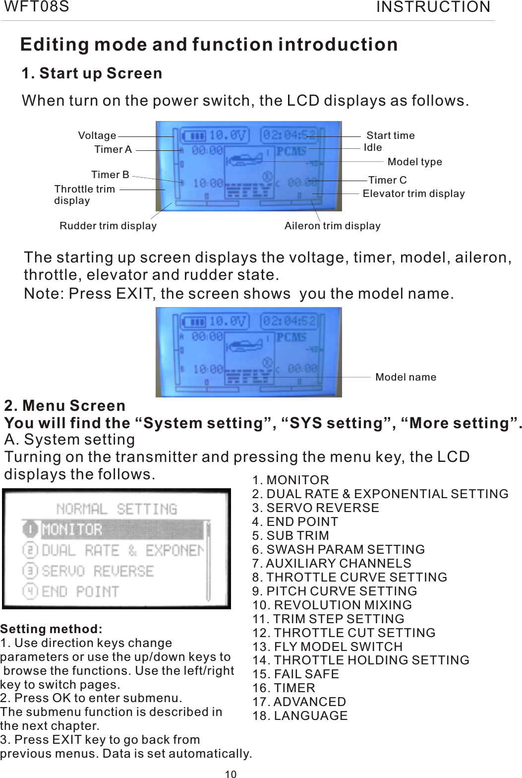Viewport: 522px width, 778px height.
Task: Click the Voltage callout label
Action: pyautogui.click(x=97, y=135)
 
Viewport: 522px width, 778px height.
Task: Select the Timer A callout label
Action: pyautogui.click(x=113, y=149)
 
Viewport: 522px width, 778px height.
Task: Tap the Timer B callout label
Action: pyautogui.click(x=110, y=175)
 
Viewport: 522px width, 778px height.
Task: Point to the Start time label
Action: pyautogui.click(x=391, y=135)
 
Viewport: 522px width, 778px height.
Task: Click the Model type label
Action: pyautogui.click(x=415, y=162)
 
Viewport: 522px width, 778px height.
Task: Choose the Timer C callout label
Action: pyautogui.click(x=388, y=180)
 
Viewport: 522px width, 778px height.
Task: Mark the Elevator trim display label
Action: pyautogui.click(x=414, y=194)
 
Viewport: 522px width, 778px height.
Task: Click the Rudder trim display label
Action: pyautogui.click(x=108, y=226)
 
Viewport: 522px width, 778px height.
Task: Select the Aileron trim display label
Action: pyautogui.click(x=333, y=226)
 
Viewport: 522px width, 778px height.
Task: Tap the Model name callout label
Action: pyautogui.click(x=406, y=377)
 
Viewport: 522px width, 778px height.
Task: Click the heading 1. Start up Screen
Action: pyautogui.click(x=92, y=73)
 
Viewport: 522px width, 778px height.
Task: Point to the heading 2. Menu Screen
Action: pyautogui.click(x=65, y=406)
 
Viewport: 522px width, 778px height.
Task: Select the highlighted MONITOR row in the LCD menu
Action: pyautogui.click(x=114, y=529)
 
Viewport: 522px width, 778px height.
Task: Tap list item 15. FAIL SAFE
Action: pyautogui.click(x=296, y=674)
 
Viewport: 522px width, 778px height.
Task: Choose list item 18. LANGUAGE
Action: pyautogui.click(x=300, y=716)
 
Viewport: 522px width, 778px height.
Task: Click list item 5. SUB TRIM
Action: pyautogui.click(x=290, y=536)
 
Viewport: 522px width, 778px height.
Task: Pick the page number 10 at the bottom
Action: pyautogui.click(x=231, y=774)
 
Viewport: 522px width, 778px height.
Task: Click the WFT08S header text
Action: pyautogui.click(x=37, y=7)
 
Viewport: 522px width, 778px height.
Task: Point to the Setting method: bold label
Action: pyautogui.click(x=52, y=629)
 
